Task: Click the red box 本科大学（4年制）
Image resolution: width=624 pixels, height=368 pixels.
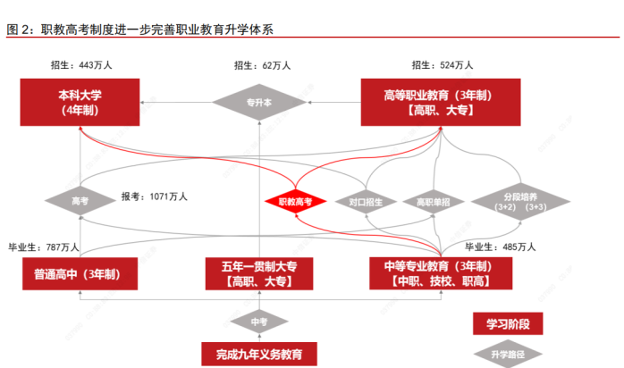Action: (x=80, y=102)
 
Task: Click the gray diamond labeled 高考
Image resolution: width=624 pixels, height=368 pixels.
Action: (x=80, y=201)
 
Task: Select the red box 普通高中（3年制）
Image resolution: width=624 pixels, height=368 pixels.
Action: (x=80, y=273)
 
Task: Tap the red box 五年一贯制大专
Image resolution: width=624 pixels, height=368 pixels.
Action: (x=259, y=273)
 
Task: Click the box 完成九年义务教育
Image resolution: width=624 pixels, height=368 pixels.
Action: (x=259, y=355)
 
